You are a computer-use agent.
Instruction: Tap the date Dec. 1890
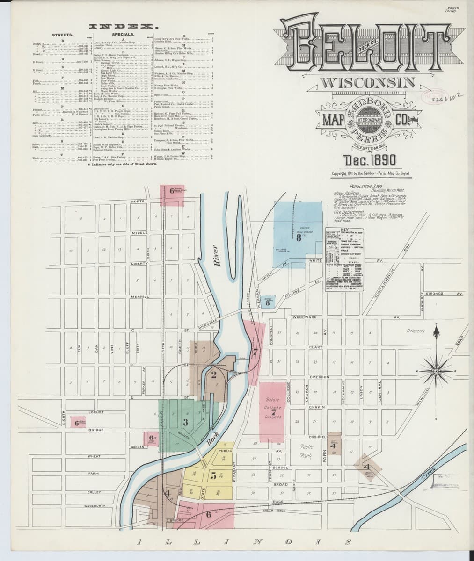tap(369, 160)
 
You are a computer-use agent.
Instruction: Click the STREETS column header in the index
tap(63, 34)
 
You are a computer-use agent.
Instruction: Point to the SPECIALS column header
tap(124, 34)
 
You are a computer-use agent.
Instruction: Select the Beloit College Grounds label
tap(272, 408)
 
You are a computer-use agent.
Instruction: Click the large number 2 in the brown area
tap(213, 374)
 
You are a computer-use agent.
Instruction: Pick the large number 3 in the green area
tap(185, 422)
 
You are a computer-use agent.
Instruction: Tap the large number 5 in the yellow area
tap(213, 476)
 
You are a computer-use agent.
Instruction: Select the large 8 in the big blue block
tap(298, 237)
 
